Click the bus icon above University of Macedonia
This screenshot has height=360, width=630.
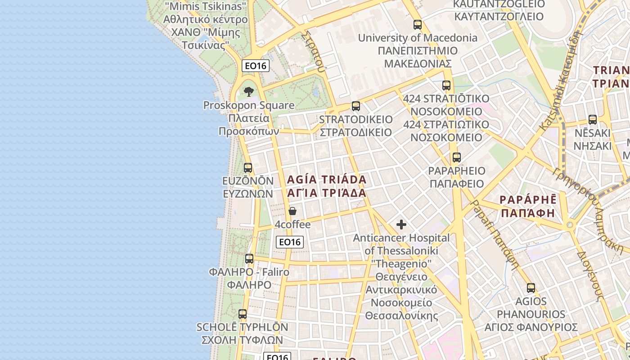click(418, 25)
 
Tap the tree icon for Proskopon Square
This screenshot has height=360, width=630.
click(249, 92)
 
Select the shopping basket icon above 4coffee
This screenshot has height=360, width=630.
click(292, 211)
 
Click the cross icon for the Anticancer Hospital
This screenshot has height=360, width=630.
click(401, 225)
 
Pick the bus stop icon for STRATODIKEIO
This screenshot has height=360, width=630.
click(356, 106)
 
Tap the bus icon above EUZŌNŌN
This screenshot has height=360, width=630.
click(248, 168)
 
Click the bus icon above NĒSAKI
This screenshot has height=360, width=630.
click(593, 120)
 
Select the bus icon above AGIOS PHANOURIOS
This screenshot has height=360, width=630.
click(531, 288)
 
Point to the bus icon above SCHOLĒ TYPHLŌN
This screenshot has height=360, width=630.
click(243, 314)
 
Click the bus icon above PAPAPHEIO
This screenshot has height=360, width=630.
click(457, 157)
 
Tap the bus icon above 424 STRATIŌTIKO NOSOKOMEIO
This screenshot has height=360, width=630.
click(446, 85)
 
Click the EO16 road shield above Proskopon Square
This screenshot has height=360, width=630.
click(256, 66)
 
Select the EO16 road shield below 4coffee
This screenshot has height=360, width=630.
click(290, 242)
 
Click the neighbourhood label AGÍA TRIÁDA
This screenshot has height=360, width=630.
click(327, 180)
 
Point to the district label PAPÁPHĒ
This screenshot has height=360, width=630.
click(528, 199)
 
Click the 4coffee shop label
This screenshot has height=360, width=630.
click(292, 224)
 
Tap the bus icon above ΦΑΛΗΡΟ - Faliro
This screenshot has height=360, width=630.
click(249, 259)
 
